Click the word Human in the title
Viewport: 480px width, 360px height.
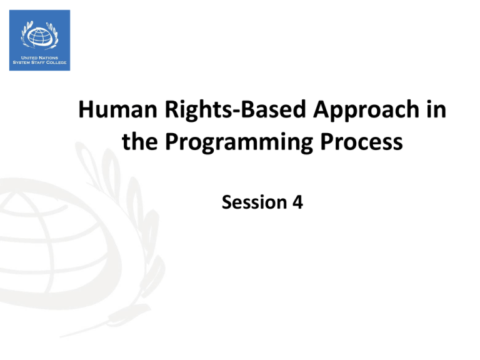coord(118,109)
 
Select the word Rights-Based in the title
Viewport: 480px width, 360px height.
coord(236,110)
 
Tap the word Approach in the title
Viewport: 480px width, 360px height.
coord(366,111)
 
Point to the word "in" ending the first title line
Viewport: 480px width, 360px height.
coord(436,109)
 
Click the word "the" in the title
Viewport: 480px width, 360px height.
coord(140,141)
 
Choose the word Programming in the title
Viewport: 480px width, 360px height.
coord(239,143)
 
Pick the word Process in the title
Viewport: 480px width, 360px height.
coord(361,142)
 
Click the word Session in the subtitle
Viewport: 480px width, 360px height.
coord(254,202)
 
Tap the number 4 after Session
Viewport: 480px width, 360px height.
coord(297,202)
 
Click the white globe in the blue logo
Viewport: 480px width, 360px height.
coord(39,36)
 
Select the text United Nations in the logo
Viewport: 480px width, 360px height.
coord(39,57)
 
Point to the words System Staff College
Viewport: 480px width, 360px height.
coord(39,62)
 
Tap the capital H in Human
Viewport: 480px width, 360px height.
coord(86,109)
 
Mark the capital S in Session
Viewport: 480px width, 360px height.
coord(227,202)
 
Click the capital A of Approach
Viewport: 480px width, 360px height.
coord(322,109)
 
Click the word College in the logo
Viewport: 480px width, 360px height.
coord(56,62)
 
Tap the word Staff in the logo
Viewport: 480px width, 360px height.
coord(37,62)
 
